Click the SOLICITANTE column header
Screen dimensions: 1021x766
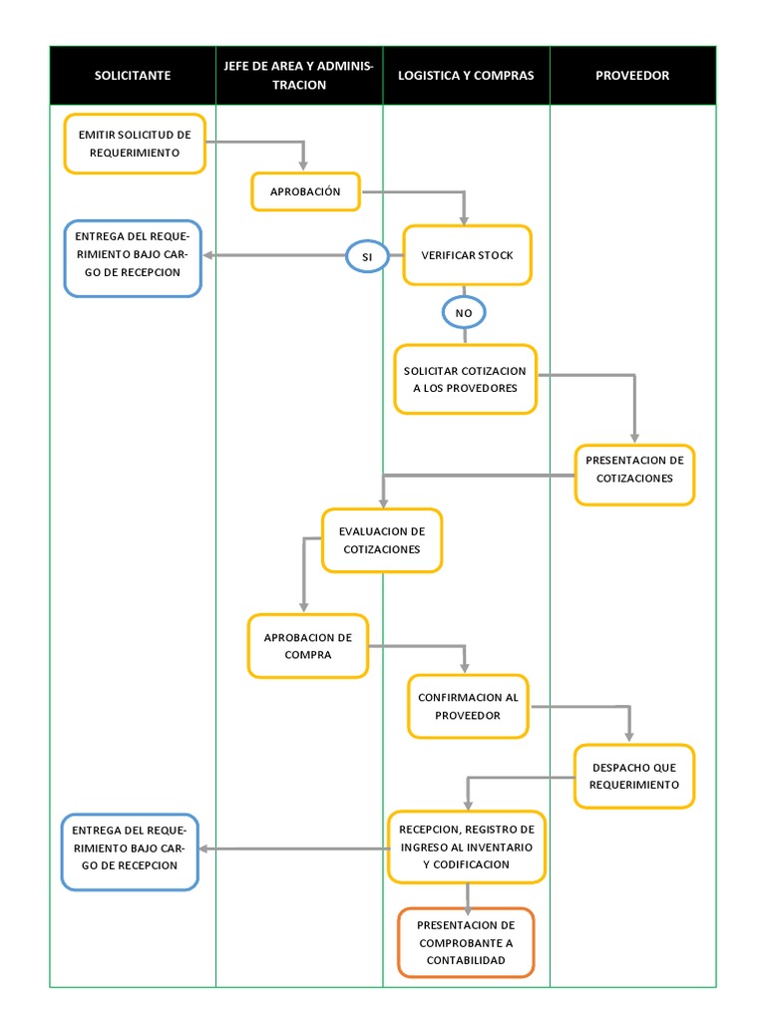coord(133,76)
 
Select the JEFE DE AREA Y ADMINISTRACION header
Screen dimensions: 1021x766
coord(299,76)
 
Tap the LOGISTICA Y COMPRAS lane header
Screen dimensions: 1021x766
coord(466,76)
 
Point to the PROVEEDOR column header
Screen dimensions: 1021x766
coord(632,76)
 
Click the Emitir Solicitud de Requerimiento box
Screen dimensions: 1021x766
coord(135,145)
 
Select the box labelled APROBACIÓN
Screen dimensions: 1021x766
coord(305,191)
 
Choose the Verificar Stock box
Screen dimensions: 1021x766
coord(467,255)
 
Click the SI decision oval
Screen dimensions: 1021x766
coord(367,256)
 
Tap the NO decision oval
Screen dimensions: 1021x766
coord(463,313)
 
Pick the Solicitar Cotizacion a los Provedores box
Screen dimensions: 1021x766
coord(466,379)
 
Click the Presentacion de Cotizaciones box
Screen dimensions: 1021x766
coord(634,475)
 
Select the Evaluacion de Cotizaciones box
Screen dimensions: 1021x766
coord(381,540)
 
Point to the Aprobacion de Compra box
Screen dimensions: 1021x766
coord(308,646)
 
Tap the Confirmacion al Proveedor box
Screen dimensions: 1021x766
coord(468,706)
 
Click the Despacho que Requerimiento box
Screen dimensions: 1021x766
coord(634,776)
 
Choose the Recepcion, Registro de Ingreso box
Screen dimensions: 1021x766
coord(467,847)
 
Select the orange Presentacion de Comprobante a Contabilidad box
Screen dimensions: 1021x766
coord(466,942)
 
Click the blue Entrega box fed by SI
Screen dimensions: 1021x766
coord(134,258)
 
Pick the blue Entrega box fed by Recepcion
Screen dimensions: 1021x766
coord(131,851)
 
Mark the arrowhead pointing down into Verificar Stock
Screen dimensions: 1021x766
coord(464,219)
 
